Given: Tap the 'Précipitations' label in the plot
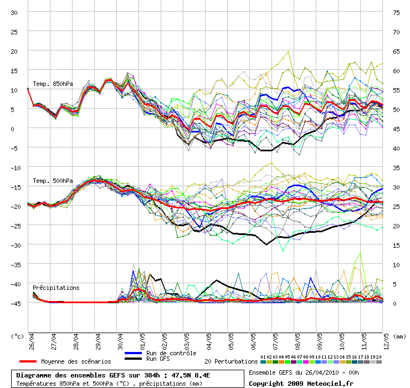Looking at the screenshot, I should pyautogui.click(x=56, y=288).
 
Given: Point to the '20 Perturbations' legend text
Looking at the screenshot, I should pyautogui.click(x=231, y=361).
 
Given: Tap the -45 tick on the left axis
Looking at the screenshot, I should pyautogui.click(x=14, y=303).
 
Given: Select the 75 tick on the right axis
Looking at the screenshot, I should pyautogui.click(x=396, y=12).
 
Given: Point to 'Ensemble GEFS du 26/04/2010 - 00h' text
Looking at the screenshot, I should pyautogui.click(x=304, y=372).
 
